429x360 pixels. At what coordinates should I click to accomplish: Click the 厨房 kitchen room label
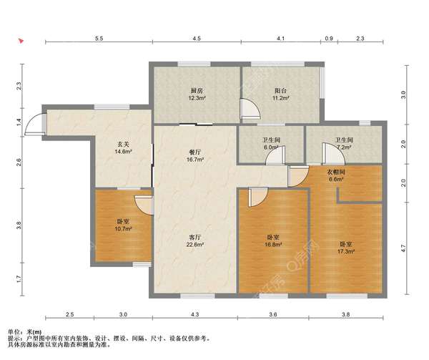[197, 91]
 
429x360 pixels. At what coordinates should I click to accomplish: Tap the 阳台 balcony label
[281, 91]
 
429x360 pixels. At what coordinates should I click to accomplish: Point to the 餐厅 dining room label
[194, 152]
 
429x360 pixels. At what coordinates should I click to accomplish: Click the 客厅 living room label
[194, 237]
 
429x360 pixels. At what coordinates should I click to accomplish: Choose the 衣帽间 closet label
[336, 172]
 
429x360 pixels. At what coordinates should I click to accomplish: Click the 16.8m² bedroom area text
[273, 245]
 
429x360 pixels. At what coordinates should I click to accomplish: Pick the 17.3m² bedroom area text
[346, 251]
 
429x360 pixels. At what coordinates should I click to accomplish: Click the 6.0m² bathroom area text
[271, 147]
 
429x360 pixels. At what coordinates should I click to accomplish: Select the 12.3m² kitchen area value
[197, 98]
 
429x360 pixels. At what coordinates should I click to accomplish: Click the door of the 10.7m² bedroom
[144, 205]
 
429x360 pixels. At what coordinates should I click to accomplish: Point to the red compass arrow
[21, 42]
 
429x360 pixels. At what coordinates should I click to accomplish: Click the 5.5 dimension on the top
[99, 39]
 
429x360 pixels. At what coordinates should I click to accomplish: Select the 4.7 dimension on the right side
[403, 248]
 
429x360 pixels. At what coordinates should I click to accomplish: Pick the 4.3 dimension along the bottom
[194, 314]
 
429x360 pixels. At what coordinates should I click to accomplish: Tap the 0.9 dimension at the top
[329, 39]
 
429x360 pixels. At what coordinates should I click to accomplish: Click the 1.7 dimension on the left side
[19, 279]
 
